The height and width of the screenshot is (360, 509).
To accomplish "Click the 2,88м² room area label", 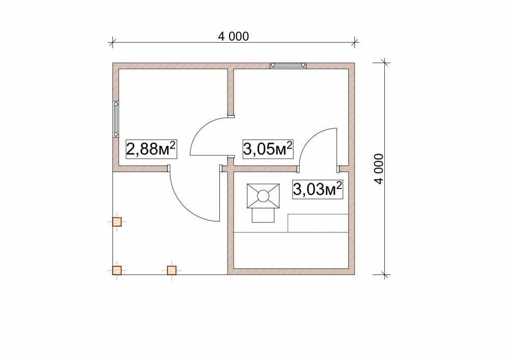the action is coord(151,149).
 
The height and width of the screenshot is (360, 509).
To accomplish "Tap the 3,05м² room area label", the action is coord(268,149).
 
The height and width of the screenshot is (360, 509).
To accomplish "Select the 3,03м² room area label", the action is coord(318,189).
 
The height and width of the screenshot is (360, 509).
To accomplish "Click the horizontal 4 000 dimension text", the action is coord(234,36).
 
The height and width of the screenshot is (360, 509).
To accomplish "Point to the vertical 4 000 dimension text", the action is coord(379,169).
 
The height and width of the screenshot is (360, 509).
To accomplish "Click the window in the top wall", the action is coord(288,66).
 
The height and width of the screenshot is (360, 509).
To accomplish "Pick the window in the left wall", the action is coord(116,119).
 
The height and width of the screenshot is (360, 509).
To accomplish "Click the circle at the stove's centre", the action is coord(263,196).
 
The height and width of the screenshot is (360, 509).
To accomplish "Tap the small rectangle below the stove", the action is coord(263,215).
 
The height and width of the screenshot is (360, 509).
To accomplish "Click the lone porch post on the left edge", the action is coord(117,221).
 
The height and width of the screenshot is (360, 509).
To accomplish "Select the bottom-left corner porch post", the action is coord(117,270).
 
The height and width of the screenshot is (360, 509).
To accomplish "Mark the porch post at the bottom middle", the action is coord(172,270).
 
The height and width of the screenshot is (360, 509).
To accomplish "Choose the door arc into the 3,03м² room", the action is coord(310,138).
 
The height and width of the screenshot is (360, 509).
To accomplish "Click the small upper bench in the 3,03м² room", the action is coord(318,224).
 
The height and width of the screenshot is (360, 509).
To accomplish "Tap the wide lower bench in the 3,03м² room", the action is coord(291,251).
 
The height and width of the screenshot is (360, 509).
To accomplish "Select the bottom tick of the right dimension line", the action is coord(385,274).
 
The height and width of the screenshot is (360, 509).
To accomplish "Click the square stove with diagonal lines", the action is coord(263,196).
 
